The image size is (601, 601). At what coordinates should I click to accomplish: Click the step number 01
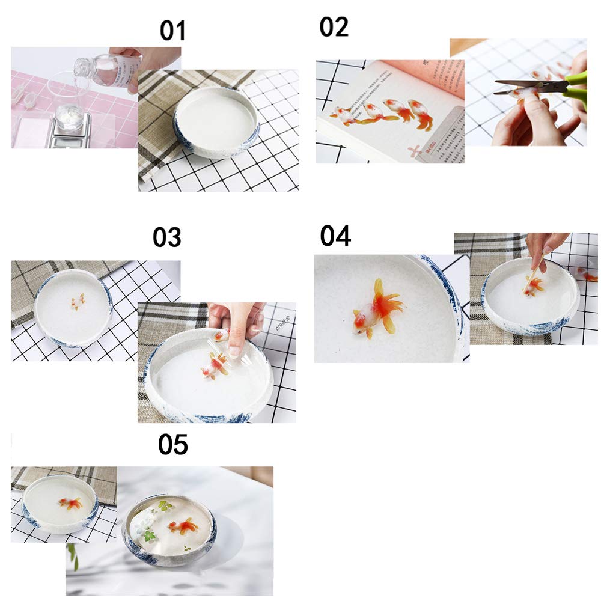[x=172, y=31]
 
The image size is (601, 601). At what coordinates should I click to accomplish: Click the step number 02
[x=334, y=26]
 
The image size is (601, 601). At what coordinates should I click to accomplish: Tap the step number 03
[x=166, y=237]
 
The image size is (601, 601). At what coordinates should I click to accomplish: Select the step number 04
[x=335, y=236]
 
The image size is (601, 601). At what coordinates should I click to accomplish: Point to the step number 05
[x=172, y=445]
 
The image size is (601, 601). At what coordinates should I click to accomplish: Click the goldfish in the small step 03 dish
[x=78, y=302]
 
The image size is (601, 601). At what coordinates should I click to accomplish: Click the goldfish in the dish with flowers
[x=183, y=526]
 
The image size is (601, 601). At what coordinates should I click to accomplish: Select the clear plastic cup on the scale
[x=67, y=96]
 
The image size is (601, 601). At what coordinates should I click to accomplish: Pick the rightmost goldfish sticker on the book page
[x=421, y=114]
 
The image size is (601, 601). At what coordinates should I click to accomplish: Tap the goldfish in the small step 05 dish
[x=70, y=503]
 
